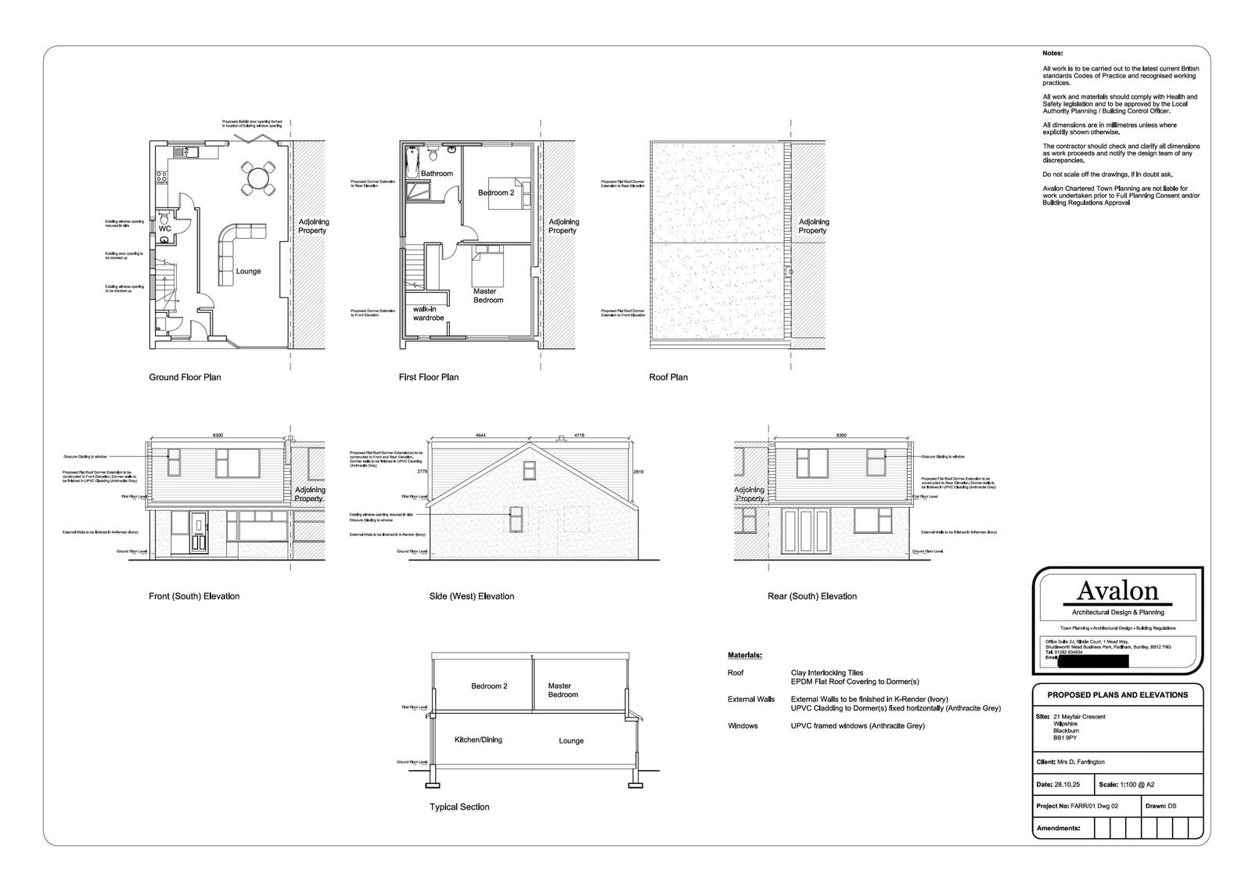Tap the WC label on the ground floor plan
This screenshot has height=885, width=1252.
pos(164,228)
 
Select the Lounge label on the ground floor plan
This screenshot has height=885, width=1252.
pos(248,272)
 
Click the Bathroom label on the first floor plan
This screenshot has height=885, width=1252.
pos(437,174)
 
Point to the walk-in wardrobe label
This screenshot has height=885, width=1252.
pos(429,314)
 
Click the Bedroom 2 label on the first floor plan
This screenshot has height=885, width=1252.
pos(496,192)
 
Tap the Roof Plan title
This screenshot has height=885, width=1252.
pos(668,377)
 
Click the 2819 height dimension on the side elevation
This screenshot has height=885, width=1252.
pos(639,472)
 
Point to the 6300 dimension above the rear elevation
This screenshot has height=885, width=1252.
pos(841,435)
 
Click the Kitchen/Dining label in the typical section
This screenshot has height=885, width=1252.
pos(478,739)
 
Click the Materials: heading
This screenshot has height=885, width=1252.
pos(744,655)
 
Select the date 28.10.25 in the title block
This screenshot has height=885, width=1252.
pos(1069,784)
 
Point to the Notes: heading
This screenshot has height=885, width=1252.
pos(1052,53)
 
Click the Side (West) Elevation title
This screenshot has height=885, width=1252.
pos(472,596)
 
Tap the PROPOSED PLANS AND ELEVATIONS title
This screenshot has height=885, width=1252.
pos(1117,695)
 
